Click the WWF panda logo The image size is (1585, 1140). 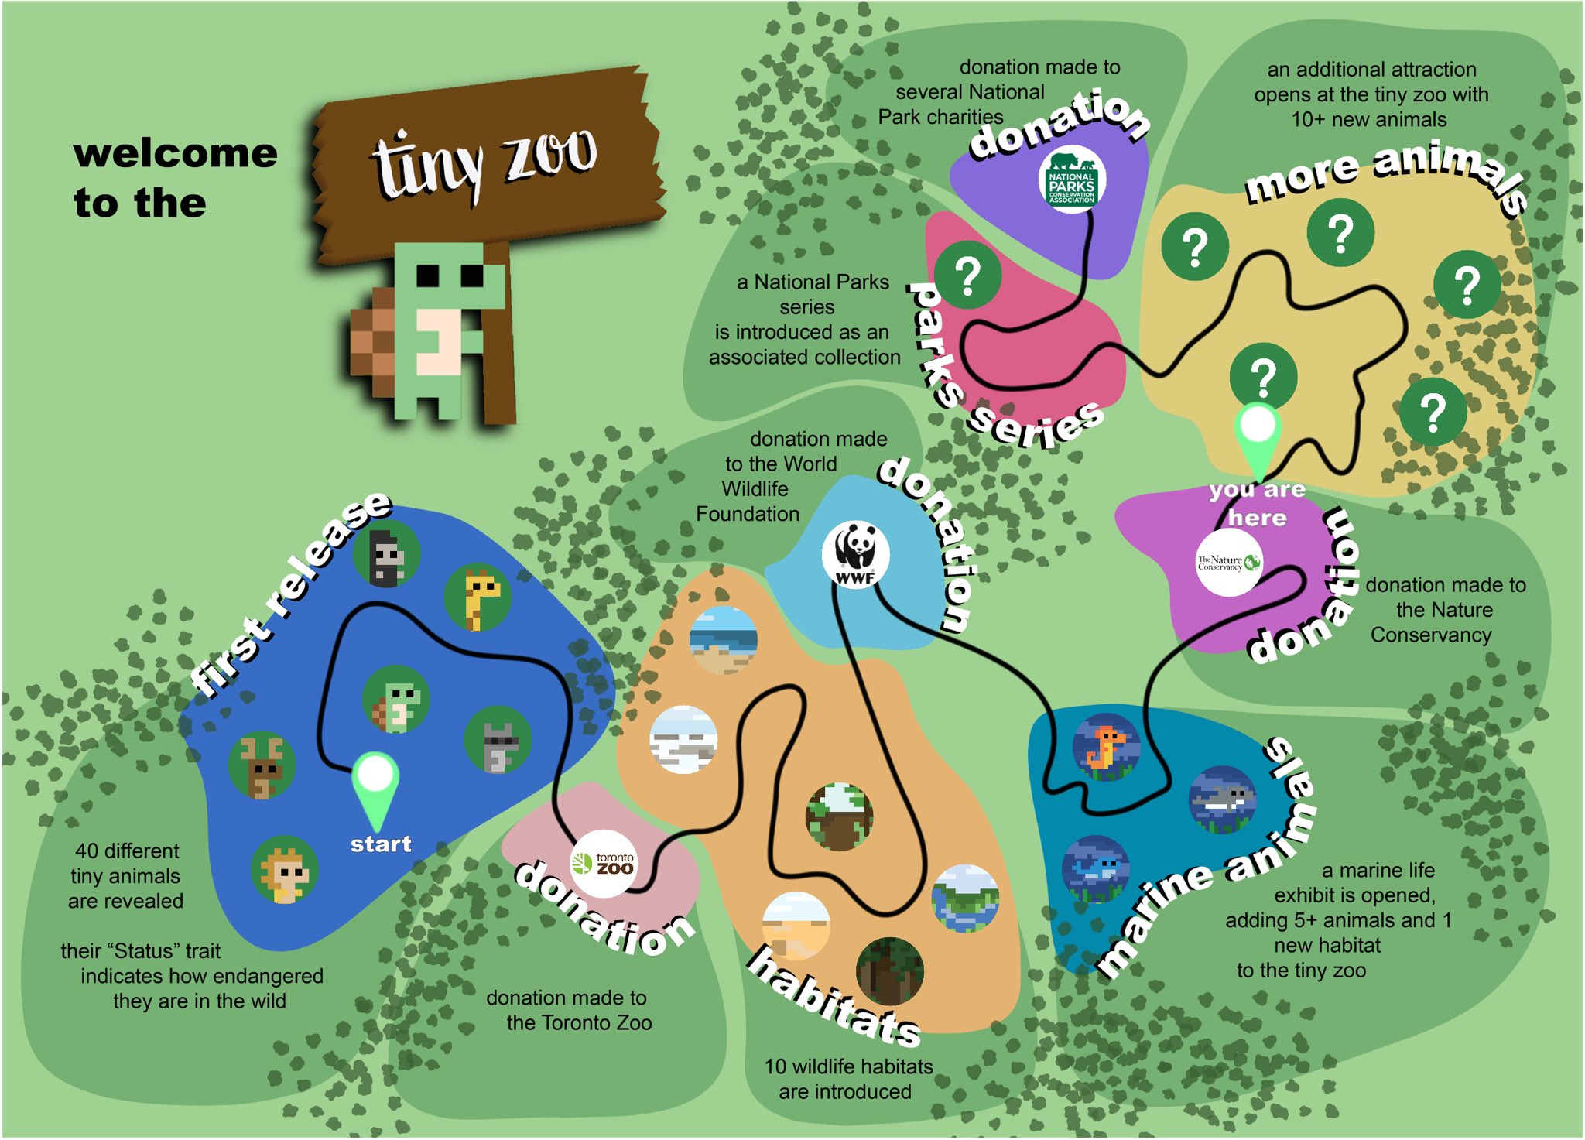(x=855, y=554)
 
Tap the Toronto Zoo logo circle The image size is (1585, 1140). (x=604, y=864)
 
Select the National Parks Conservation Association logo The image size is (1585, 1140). (x=1072, y=180)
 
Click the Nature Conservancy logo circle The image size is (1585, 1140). (x=1228, y=562)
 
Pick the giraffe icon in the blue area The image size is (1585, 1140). (x=478, y=597)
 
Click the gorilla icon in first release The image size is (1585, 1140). (x=386, y=554)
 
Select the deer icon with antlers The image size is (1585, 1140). (x=262, y=765)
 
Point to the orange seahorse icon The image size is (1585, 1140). (x=1106, y=747)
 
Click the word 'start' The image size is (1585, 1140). (x=381, y=844)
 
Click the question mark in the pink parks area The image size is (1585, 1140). (x=967, y=275)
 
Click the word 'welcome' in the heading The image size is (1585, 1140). (x=176, y=153)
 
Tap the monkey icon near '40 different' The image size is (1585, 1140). (x=284, y=870)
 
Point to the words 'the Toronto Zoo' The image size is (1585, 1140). (x=579, y=1022)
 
